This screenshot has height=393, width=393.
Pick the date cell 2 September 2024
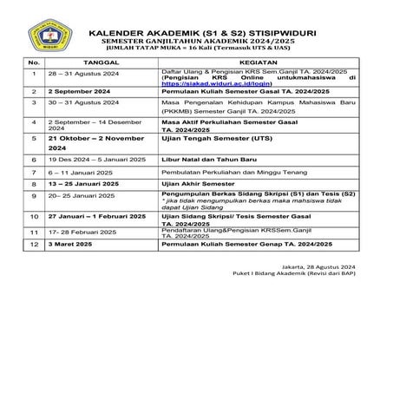click(88, 99)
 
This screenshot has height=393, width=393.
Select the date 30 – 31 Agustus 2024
click(85, 111)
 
